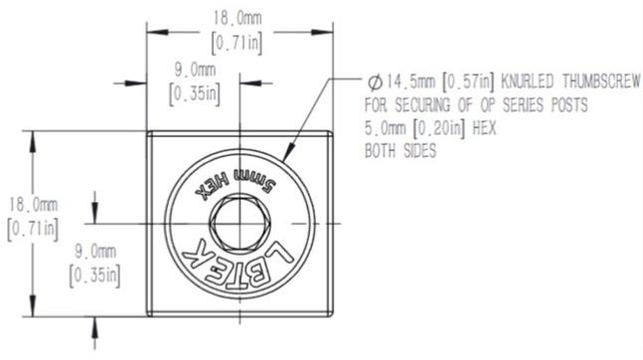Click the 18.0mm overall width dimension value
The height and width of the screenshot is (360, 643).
[x=237, y=18]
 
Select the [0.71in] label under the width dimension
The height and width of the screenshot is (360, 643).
[x=237, y=43]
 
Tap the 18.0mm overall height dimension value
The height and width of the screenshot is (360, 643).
[x=33, y=205]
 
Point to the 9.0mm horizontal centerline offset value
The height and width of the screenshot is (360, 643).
[x=195, y=70]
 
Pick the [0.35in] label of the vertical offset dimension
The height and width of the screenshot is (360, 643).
[x=94, y=275]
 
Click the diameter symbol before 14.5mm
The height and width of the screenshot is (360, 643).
[x=375, y=83]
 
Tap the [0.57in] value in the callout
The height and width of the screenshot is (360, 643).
[x=468, y=83]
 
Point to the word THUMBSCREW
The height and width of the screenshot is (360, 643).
[x=600, y=82]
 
